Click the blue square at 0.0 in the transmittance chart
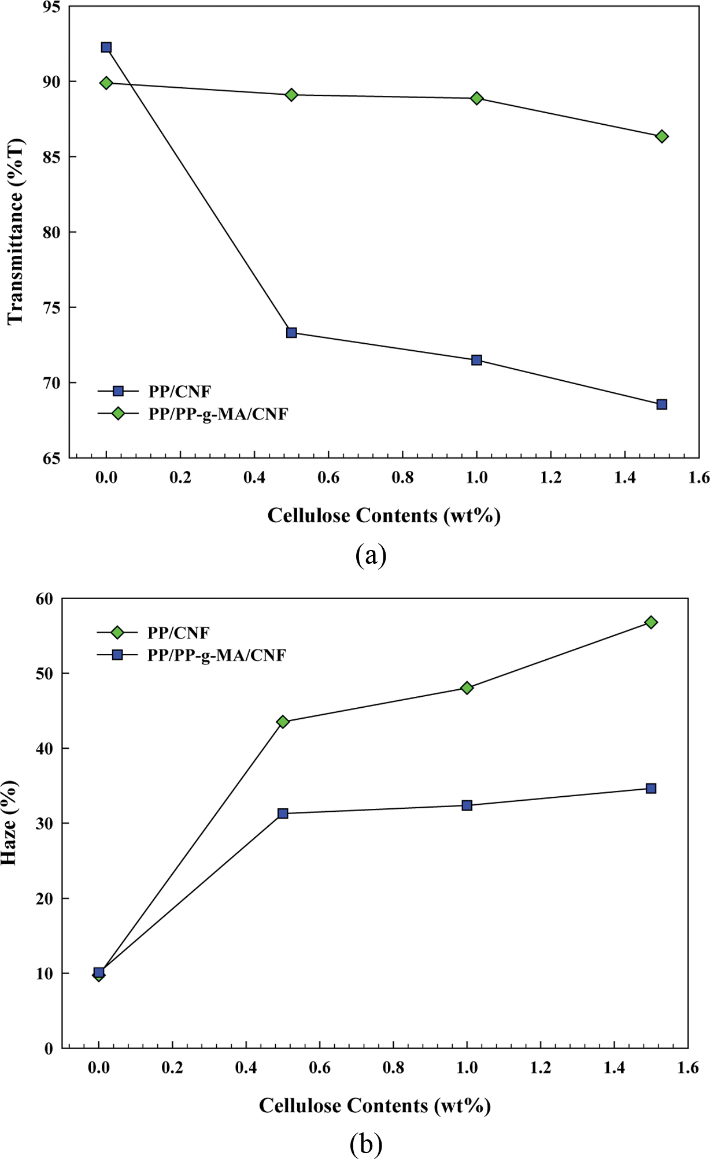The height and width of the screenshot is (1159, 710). pos(106,47)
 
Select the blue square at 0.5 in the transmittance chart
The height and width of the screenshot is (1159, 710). pos(291,333)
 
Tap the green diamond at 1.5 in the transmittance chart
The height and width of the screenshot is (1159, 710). pos(662,136)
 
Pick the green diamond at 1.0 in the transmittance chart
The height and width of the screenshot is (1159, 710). pos(477,98)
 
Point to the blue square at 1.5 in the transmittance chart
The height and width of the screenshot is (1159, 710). pos(662,404)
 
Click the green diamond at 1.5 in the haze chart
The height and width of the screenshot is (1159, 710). pos(651,622)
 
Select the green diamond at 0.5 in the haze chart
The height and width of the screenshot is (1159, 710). pos(283,722)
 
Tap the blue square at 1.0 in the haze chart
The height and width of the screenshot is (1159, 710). pos(467,805)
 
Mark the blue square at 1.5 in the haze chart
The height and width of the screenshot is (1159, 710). pos(651,789)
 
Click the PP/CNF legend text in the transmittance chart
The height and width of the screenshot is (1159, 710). pos(180,392)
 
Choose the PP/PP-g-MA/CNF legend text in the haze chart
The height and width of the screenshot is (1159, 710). pos(217,655)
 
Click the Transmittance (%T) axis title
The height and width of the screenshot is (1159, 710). pos(16,231)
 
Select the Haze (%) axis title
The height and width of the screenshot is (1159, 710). pos(10,823)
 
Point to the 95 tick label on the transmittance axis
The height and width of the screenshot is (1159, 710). pos(50,7)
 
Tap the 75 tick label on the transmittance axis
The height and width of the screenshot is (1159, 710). pos(50,307)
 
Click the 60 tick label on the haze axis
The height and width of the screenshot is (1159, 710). pos(45,599)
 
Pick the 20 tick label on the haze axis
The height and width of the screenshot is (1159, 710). pos(45,899)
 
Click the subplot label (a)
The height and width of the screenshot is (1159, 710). pos(371,556)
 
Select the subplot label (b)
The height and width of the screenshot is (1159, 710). pos(366,1144)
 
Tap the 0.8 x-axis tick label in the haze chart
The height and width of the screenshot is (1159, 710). pos(393,1068)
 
